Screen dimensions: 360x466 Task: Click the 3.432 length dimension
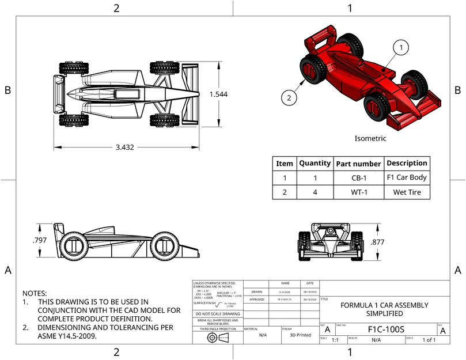[124, 147]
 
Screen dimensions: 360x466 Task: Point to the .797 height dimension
[39, 240]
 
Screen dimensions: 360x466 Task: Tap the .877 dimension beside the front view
[377, 242]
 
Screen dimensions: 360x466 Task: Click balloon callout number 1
[401, 47]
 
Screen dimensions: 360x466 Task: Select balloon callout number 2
[290, 98]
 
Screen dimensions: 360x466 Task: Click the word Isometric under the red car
[370, 139]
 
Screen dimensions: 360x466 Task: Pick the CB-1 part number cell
[358, 178]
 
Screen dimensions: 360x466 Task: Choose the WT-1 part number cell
[358, 192]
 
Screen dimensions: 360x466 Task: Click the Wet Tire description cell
[406, 192]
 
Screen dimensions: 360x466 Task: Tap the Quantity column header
[315, 164]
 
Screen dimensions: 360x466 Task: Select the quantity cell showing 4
[315, 192]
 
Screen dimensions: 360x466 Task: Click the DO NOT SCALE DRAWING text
[218, 314]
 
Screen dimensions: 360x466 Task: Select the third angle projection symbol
[217, 338]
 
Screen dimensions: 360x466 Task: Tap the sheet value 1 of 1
[429, 340]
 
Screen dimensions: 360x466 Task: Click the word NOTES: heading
[35, 293]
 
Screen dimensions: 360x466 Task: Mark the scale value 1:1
[335, 340]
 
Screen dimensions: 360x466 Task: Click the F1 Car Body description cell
[406, 178]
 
